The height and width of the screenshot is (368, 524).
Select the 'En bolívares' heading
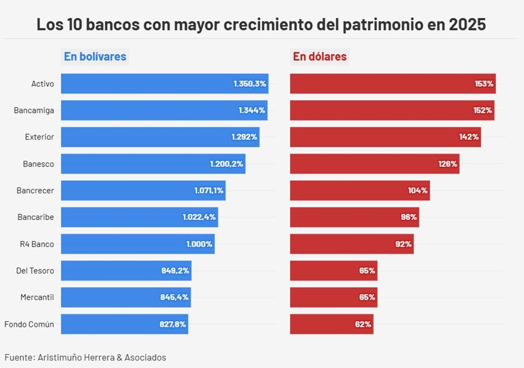coord(95,57)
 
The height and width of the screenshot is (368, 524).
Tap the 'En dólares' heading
coord(319,57)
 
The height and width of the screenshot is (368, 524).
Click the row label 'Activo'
coord(43,84)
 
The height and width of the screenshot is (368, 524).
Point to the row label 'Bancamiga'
coord(34,110)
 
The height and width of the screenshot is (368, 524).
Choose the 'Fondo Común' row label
coord(29,324)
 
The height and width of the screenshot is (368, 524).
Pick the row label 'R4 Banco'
coord(37,244)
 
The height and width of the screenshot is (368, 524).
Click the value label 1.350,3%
coord(250,84)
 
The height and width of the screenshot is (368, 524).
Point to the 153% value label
coord(484,84)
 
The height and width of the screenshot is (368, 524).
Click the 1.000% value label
coord(199,244)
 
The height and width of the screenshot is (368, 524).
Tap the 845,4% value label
coord(174,297)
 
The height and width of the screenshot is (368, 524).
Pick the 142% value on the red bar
coord(469,137)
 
